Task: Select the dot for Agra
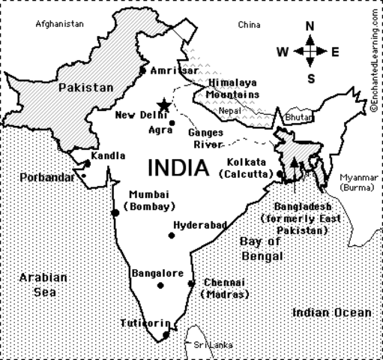tap(172, 123)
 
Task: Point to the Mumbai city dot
tap(115, 212)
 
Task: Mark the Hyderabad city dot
tap(171, 235)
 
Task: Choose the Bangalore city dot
tap(160, 285)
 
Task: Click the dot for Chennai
tap(191, 283)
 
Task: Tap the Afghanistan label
tap(59, 24)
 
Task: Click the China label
tap(248, 25)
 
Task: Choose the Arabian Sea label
tap(43, 284)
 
